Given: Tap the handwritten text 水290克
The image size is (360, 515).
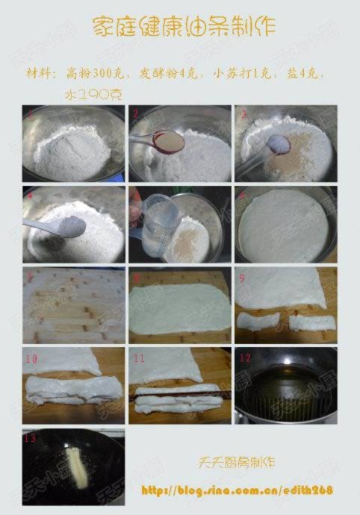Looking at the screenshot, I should (x=94, y=94).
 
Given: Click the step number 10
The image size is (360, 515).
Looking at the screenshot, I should (x=31, y=358).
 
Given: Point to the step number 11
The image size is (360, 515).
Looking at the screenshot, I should (x=138, y=358).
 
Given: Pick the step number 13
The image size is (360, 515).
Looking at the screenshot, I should (x=30, y=437).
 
